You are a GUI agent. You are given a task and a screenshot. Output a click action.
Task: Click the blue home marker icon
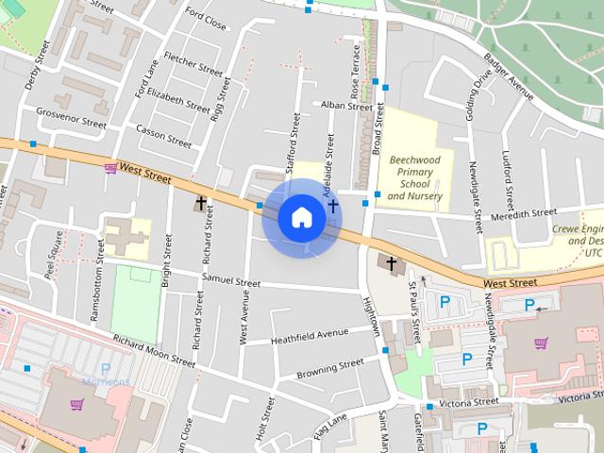click(301, 217)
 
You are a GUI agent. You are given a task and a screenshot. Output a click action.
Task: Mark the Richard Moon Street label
click(154, 350)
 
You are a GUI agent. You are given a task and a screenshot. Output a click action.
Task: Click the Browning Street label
click(330, 366)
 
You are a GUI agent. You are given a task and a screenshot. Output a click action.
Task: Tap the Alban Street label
click(346, 106)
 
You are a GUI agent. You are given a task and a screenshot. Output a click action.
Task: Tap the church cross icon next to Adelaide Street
click(332, 206)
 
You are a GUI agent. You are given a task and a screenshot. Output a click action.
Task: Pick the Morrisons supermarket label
click(106, 381)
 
